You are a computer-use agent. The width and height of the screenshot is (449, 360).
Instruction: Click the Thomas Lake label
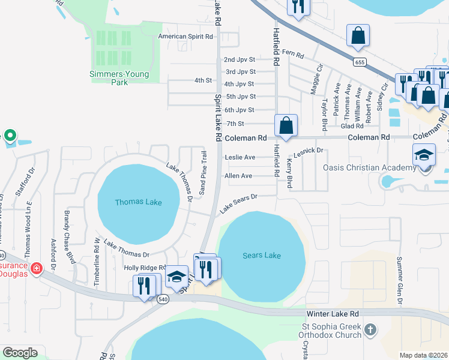[138, 202]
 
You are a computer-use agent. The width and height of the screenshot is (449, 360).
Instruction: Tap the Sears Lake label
[261, 256]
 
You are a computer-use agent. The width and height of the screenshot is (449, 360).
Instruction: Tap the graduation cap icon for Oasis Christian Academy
[424, 156]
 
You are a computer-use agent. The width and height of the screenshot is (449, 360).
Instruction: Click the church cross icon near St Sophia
[370, 329]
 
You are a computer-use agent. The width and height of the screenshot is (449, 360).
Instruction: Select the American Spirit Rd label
[185, 37]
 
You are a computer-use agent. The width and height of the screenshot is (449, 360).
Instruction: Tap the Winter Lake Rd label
[332, 314]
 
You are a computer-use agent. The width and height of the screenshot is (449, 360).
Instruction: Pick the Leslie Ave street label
[240, 157]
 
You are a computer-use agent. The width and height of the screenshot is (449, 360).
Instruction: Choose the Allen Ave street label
[238, 176]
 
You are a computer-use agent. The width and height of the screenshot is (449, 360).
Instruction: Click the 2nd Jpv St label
[240, 59]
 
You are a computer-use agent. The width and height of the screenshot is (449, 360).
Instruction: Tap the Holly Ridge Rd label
[145, 268]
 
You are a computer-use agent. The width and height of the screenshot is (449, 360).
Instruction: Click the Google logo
[20, 352]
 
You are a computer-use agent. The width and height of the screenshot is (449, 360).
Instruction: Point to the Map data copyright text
[423, 355]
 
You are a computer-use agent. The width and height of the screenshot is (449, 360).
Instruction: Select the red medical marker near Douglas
[37, 268]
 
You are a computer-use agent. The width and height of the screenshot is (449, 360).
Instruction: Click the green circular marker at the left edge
[9, 136]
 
